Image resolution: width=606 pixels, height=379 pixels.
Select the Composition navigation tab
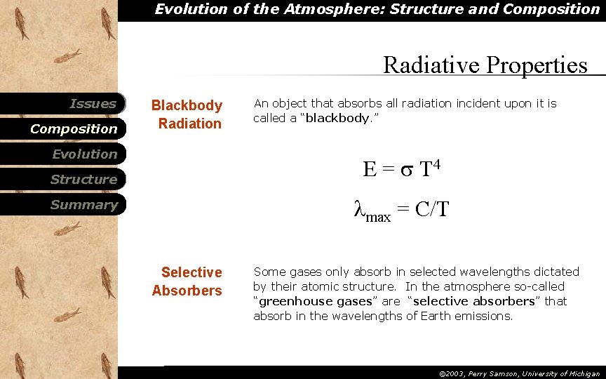(74, 129)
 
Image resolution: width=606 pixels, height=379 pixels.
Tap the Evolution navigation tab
(84, 154)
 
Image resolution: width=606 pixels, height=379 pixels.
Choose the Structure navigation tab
(83, 180)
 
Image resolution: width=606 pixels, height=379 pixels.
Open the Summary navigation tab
(83, 205)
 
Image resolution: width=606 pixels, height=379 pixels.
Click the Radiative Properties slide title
(485, 65)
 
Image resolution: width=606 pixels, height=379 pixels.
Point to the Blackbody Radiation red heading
(187, 114)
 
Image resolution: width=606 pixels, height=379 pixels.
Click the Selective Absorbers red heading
(187, 281)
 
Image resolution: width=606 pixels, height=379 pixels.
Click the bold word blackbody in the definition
(337, 118)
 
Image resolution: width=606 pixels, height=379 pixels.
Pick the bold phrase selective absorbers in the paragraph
(474, 301)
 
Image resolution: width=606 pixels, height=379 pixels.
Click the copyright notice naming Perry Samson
(519, 373)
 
